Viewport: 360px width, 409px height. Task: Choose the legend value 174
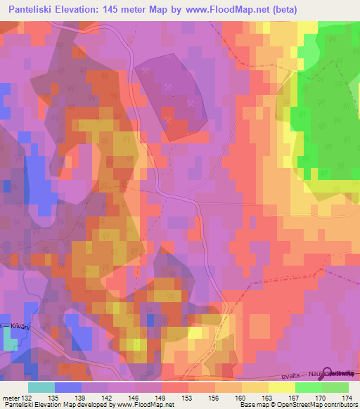[347, 398]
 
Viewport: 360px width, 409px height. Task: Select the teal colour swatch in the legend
[41, 387]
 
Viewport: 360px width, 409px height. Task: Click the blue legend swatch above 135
[67, 387]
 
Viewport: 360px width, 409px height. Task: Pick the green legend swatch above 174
[335, 387]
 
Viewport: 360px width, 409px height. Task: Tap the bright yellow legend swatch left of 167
[282, 387]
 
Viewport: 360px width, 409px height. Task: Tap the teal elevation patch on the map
[10, 340]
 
